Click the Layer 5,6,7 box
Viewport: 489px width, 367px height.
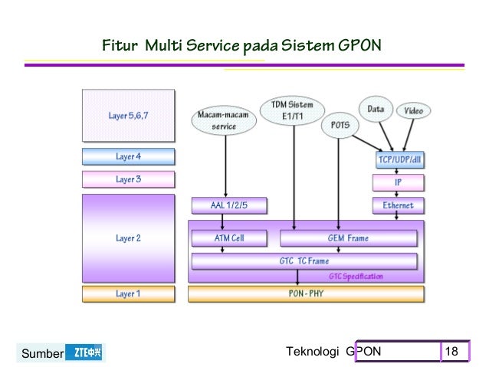[x=128, y=116]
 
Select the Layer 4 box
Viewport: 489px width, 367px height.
[x=128, y=157]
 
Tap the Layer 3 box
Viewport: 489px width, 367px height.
[x=128, y=180]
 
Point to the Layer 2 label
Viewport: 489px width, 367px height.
[x=128, y=238]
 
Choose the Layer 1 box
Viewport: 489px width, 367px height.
[x=128, y=293]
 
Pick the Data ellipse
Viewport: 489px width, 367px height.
[x=376, y=110]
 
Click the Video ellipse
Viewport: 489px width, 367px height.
[x=413, y=111]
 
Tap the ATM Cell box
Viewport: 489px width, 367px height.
[x=228, y=238]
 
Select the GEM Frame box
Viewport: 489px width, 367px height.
[x=346, y=238]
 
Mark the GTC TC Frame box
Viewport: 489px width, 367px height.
[x=304, y=261]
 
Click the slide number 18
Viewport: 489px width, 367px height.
[x=451, y=352]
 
